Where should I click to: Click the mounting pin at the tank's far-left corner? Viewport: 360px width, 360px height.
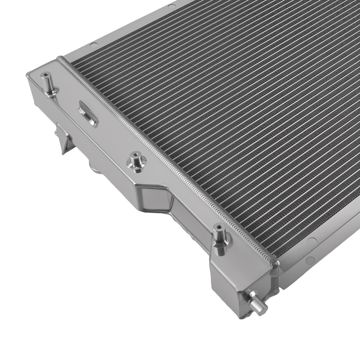pyautogui.click(x=47, y=83)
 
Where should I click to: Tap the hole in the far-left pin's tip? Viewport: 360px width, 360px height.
pyautogui.click(x=46, y=76)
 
